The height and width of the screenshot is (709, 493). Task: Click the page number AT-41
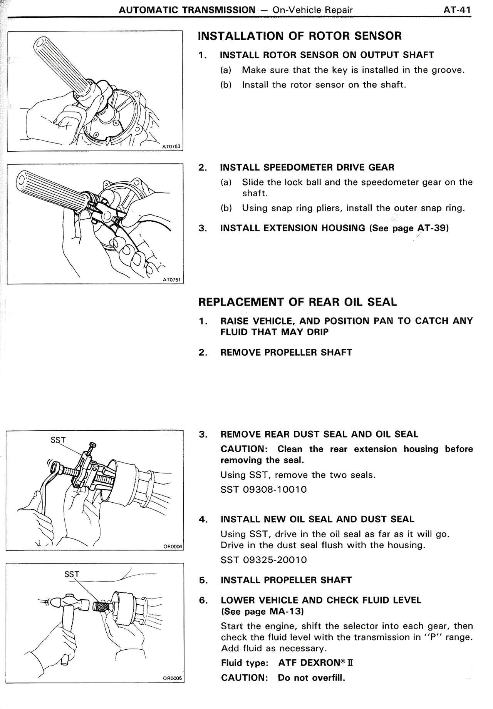457,10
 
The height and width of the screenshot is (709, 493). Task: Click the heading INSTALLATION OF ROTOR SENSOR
299,36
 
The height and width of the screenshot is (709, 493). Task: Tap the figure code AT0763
171,147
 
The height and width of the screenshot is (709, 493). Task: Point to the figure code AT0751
171,280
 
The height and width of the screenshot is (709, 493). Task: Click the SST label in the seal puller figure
58,440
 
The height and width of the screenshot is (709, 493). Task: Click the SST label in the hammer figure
72,574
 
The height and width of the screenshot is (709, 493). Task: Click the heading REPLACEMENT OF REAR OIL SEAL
297,302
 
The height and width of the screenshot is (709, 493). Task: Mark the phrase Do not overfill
311,677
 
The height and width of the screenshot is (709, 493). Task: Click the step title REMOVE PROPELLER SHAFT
286,352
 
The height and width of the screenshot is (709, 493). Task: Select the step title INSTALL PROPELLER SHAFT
286,580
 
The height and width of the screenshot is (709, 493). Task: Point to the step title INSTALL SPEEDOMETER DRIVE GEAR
307,167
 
